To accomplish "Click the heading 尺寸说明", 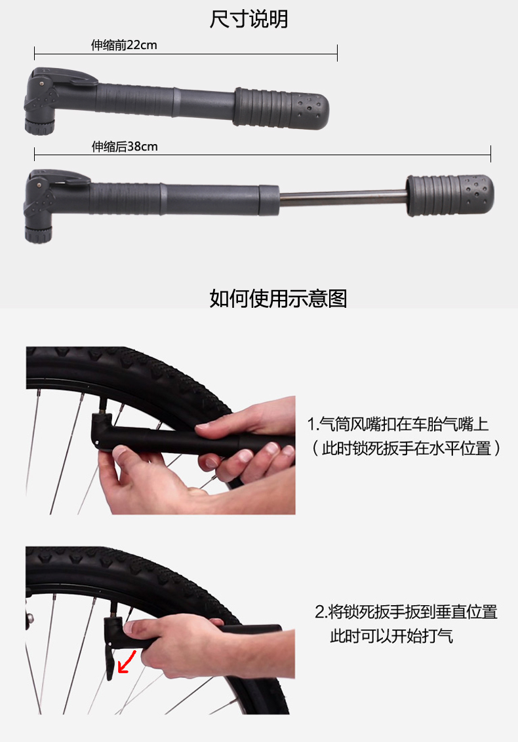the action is click(x=249, y=19).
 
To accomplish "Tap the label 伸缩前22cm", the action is click(x=124, y=45).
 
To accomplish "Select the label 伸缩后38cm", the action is click(x=124, y=146).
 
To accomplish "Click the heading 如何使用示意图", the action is click(x=278, y=298).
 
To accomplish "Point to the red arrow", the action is click(x=127, y=661).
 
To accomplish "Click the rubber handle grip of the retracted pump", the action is click(x=281, y=108).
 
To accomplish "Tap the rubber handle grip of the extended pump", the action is click(x=450, y=195).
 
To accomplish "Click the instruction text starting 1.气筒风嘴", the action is click(x=397, y=424).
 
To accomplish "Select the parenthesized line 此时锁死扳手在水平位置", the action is click(x=406, y=448).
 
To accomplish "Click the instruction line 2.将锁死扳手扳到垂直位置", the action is click(x=406, y=612).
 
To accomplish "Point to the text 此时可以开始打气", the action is click(x=391, y=635).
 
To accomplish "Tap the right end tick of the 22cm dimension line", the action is click(x=337, y=53).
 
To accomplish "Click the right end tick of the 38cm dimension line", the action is click(x=490, y=154).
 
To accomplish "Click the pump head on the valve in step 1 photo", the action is click(x=102, y=428).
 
